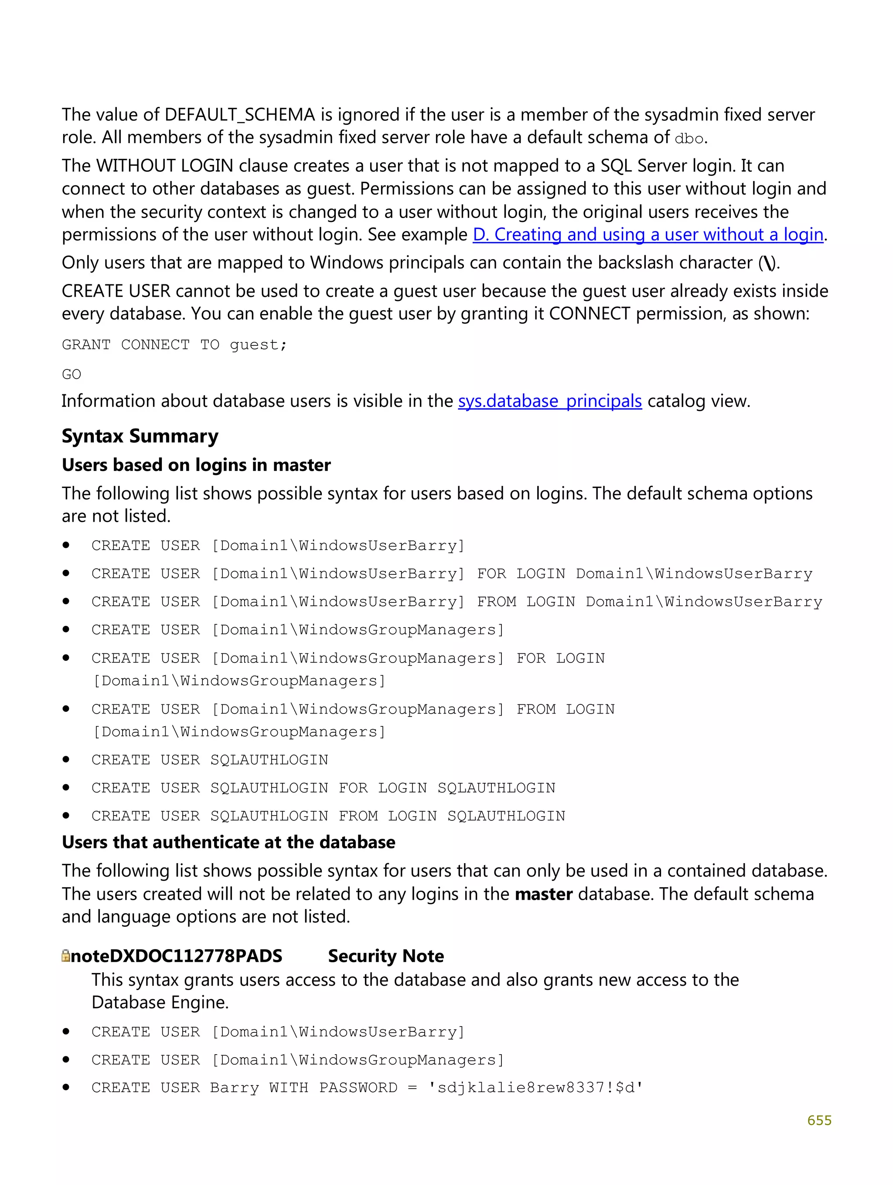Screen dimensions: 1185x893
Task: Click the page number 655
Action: tap(818, 1120)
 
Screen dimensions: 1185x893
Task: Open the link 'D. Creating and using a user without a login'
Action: tap(647, 235)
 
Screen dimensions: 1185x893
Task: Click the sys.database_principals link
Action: tap(549, 401)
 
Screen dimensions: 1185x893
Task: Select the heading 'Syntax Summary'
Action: tap(140, 436)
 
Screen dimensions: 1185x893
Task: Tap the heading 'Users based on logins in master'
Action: tap(196, 465)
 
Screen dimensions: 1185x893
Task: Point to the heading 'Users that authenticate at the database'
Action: tap(228, 842)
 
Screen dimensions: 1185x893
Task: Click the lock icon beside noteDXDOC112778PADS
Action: tap(66, 956)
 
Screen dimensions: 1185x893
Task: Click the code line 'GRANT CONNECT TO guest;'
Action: tap(175, 345)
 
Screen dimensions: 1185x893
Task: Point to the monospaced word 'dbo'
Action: tap(689, 139)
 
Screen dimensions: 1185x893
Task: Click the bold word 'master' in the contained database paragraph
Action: tap(544, 894)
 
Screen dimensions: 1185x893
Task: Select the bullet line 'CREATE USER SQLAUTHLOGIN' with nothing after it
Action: tap(209, 760)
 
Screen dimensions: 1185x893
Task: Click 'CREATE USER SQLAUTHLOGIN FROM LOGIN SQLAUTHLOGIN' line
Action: tap(328, 816)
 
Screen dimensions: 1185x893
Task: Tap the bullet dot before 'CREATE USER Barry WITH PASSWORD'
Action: tap(66, 1087)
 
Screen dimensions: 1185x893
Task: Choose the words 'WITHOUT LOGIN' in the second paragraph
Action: tap(164, 166)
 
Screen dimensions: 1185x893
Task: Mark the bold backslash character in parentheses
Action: tap(769, 263)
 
